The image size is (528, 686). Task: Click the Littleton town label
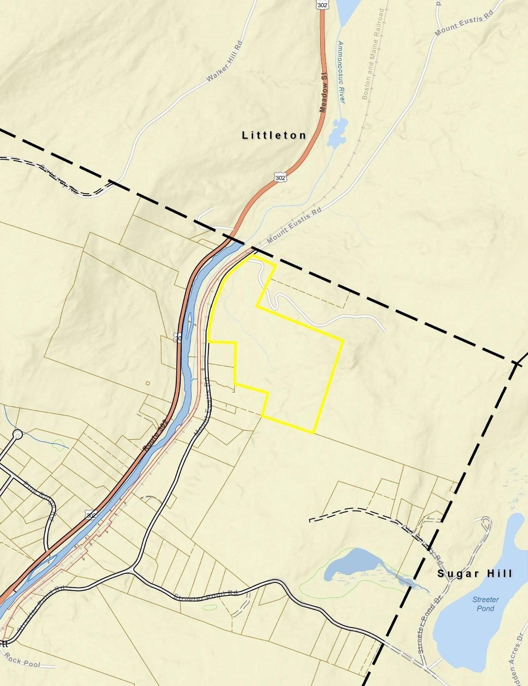click(274, 135)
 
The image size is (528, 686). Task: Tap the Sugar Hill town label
click(475, 574)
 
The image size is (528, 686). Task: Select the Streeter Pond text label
click(485, 604)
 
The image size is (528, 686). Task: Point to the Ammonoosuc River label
click(341, 72)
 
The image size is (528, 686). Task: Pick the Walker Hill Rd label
click(224, 61)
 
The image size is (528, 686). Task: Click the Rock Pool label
click(23, 661)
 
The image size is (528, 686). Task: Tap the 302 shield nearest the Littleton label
click(280, 178)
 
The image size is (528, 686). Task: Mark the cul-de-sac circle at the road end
click(17, 435)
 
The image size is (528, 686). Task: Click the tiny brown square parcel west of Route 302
click(148, 383)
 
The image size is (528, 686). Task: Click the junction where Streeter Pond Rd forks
click(132, 570)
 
